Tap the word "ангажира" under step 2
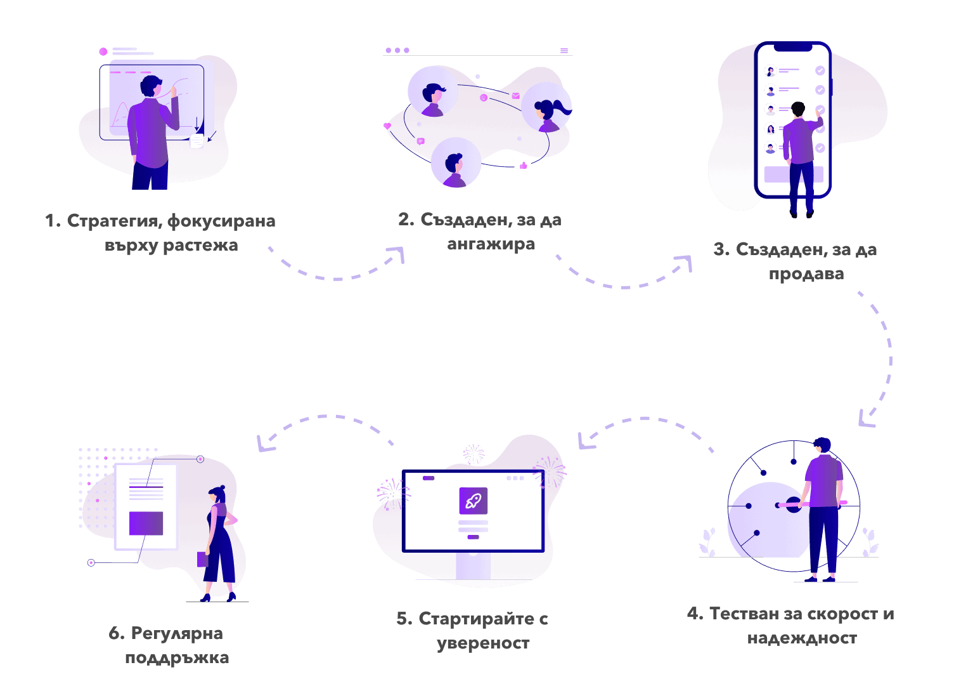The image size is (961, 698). tap(491, 244)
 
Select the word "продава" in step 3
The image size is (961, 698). tap(806, 274)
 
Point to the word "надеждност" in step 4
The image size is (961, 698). tap(802, 638)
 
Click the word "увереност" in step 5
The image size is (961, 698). tap(483, 643)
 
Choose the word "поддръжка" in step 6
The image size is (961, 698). tap(177, 658)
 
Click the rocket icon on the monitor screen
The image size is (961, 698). tap(473, 501)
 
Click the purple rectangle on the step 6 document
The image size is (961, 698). tap(146, 523)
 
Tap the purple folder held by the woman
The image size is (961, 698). tap(203, 559)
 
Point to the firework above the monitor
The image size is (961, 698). tap(473, 454)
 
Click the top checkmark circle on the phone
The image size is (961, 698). tap(820, 71)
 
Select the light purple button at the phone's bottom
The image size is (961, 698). tap(793, 174)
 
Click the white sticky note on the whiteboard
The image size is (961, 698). tap(197, 141)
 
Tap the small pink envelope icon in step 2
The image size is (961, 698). tap(516, 96)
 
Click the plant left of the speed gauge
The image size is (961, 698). tap(707, 543)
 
